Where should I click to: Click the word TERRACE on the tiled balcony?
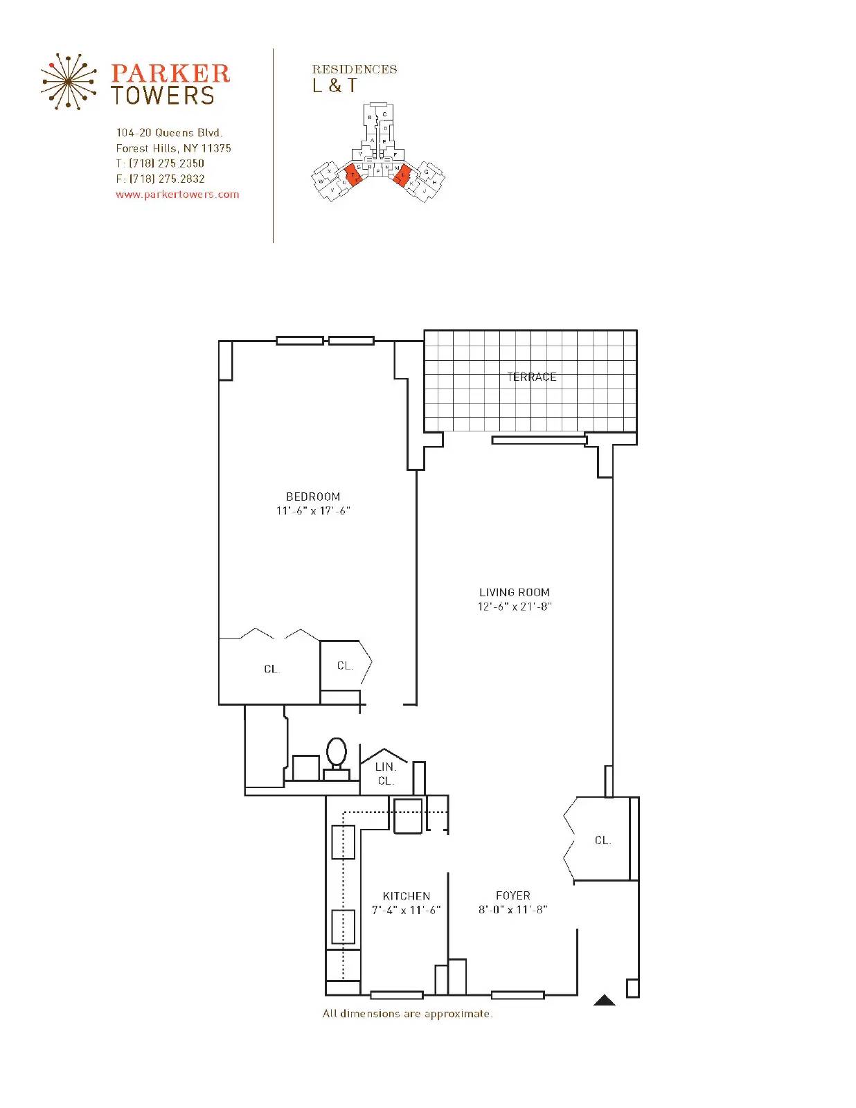point(531,377)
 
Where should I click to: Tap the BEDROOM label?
point(313,497)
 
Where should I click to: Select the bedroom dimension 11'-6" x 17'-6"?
point(313,511)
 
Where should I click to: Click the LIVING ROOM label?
point(515,592)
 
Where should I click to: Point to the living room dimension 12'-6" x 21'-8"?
point(515,607)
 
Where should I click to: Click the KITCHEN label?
point(407,896)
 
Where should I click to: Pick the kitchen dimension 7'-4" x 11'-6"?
point(407,910)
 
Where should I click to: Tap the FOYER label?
point(513,895)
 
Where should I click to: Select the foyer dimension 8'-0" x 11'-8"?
point(513,910)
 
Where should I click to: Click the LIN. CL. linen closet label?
point(386,774)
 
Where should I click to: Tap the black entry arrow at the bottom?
point(605,1000)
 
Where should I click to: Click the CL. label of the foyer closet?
point(603,840)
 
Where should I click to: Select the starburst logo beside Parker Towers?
point(67,82)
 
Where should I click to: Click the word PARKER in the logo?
point(170,73)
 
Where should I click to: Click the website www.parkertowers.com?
point(177,195)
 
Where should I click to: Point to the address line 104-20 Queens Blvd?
point(169,132)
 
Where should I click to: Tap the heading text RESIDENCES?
point(354,69)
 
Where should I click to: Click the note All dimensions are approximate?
point(407,1014)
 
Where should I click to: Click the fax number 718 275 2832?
point(167,179)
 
